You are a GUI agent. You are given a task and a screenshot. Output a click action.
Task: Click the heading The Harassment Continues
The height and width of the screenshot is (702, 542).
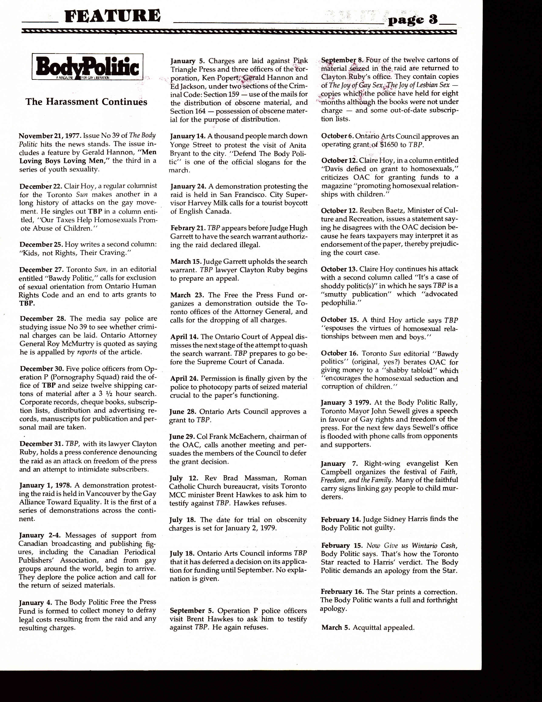coord(86,102)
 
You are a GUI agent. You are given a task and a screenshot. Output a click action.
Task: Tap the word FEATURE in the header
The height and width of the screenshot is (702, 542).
coord(112,16)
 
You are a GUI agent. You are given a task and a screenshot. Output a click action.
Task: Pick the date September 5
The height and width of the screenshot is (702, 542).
coord(192,611)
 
